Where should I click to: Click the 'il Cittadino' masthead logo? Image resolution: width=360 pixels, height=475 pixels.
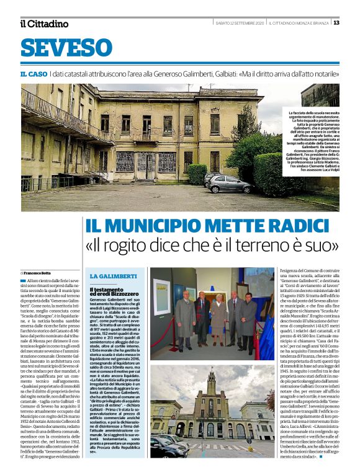tap(45, 24)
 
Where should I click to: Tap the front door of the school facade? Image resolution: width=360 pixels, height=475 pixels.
tap(147, 162)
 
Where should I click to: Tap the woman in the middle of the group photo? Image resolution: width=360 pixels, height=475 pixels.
tap(218, 321)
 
